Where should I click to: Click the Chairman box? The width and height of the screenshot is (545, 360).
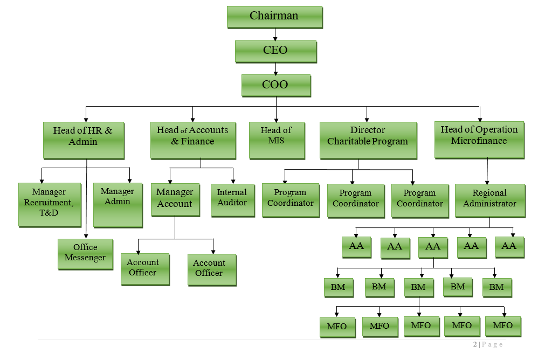pos(274,17)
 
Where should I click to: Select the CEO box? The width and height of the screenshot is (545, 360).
pos(275,51)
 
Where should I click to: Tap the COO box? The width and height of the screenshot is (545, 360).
pos(275,85)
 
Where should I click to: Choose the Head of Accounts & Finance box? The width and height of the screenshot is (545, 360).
pos(192,140)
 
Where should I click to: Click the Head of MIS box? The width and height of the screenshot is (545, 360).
pos(276,140)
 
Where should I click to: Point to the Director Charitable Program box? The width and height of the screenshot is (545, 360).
pos(368,140)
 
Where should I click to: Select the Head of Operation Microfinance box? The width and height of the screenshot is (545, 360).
pos(479,139)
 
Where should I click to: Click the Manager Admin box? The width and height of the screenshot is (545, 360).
pos(118,204)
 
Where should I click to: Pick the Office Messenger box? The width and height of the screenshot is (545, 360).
pos(85,253)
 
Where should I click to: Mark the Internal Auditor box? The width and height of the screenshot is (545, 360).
pos(232,200)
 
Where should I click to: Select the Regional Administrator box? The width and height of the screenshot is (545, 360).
pos(489,200)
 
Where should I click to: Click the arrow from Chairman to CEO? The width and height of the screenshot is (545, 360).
pos(275,34)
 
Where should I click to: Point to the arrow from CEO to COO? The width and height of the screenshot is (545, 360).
pos(275,68)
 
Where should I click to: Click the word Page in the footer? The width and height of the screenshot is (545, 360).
pos(492,344)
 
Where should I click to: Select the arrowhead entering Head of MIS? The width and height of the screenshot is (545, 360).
pos(276,119)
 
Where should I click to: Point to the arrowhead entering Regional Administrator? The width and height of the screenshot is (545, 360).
pos(487,182)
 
